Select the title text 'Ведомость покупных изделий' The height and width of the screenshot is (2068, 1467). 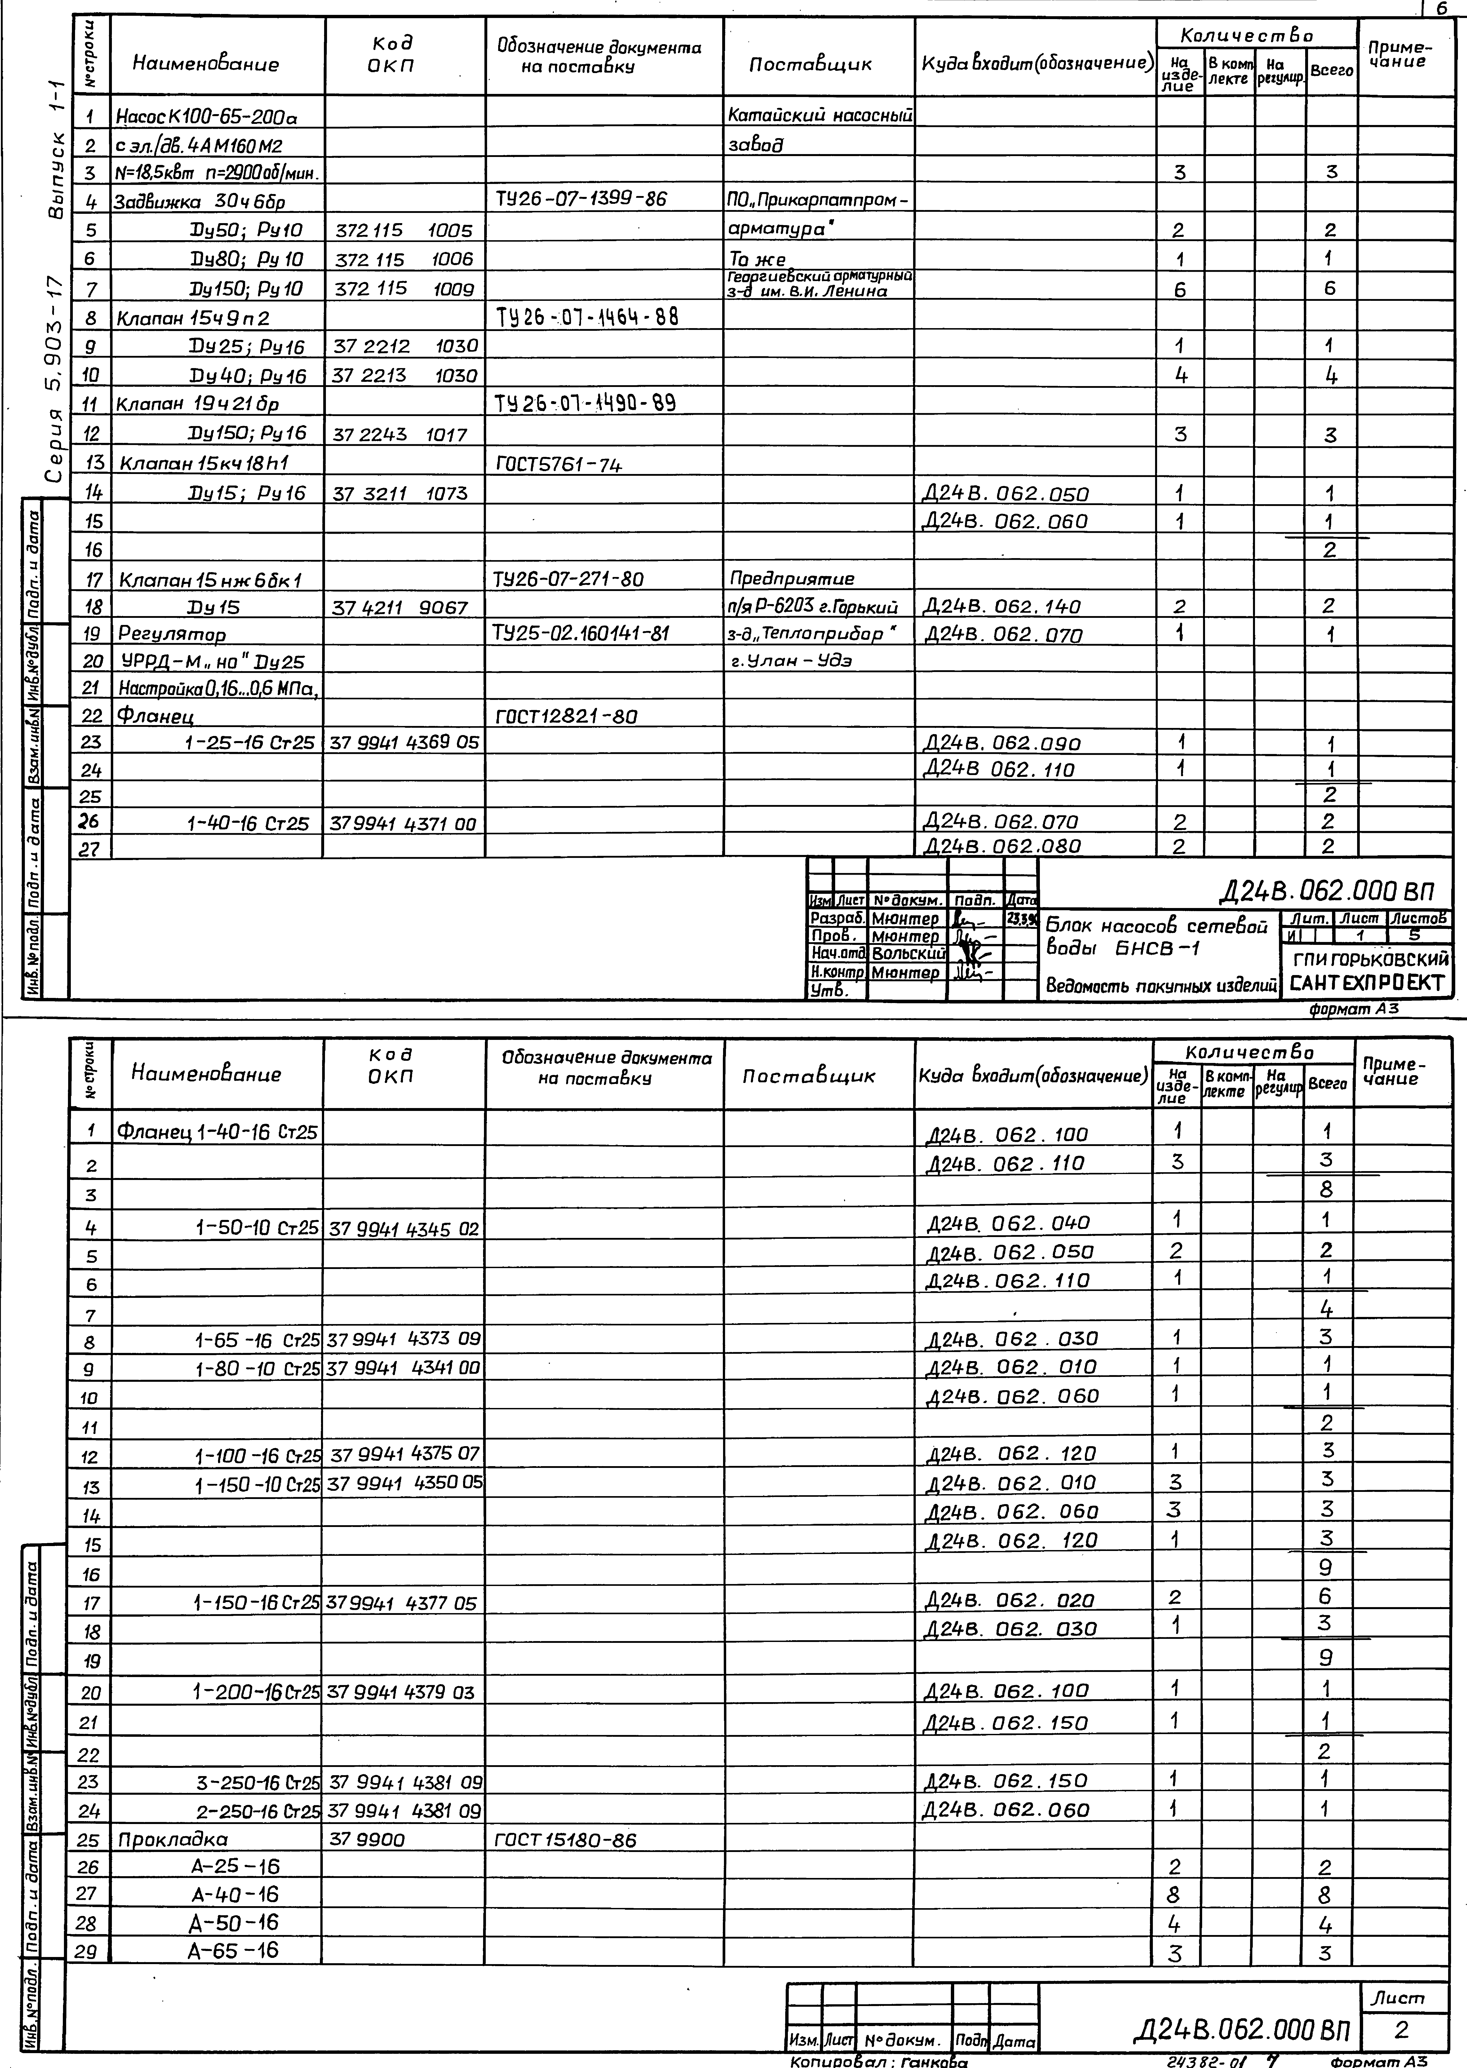tap(1161, 986)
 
